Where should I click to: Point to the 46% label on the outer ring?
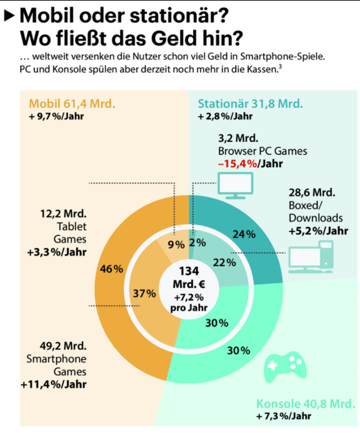pyautogui.click(x=112, y=269)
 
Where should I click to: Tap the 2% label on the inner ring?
pyautogui.click(x=197, y=243)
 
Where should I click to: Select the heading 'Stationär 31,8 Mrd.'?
pyautogui.click(x=251, y=104)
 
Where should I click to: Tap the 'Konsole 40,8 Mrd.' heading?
pyautogui.click(x=305, y=405)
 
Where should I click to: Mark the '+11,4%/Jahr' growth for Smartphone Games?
pyautogui.click(x=53, y=384)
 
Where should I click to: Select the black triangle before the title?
pyautogui.click(x=9, y=17)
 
